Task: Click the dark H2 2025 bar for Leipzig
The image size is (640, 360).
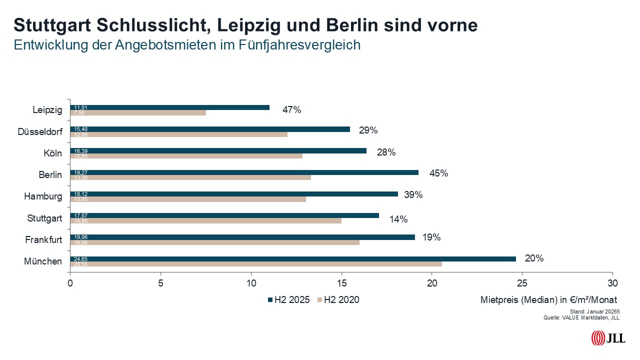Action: point(170,107)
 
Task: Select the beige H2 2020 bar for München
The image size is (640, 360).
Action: point(256,264)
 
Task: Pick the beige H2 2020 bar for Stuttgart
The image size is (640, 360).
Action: point(206,220)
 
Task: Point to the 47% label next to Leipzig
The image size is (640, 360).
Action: point(291,110)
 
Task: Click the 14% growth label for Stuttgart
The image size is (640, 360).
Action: point(398,219)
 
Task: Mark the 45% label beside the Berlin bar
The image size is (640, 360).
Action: point(438,173)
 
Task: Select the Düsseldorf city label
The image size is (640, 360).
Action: point(40,132)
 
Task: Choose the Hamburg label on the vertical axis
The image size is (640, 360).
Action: point(43,196)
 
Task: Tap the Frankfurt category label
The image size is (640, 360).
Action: point(43,240)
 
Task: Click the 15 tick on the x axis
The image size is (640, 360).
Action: point(341,282)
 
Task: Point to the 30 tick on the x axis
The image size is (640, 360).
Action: point(612,282)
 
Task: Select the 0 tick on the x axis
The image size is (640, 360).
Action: point(70,282)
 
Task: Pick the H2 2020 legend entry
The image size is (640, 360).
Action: point(338,300)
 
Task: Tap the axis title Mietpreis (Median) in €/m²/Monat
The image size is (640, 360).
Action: point(548,300)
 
